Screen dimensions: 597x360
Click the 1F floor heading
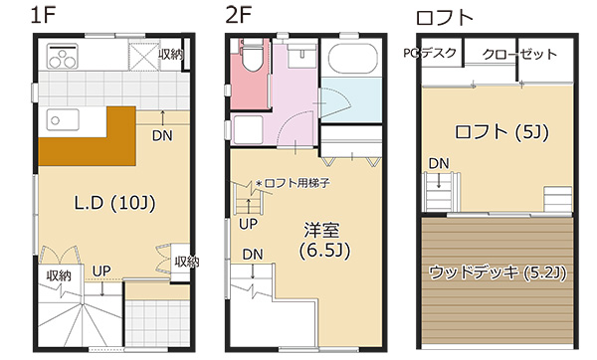(43, 15)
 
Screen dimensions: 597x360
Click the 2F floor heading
(239, 15)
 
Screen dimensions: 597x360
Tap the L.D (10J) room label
(115, 203)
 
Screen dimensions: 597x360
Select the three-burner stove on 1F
(63, 56)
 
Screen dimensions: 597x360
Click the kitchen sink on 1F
(63, 120)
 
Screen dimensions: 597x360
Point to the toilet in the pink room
(251, 54)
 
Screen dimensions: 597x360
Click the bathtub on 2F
(352, 59)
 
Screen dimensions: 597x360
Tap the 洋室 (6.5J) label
(324, 240)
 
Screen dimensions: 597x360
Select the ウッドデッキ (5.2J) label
(497, 272)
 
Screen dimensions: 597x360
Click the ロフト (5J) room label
(501, 132)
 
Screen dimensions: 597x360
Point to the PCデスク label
(430, 53)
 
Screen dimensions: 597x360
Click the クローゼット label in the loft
(519, 54)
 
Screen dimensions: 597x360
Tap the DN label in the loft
(439, 164)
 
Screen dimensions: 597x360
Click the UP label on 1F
(101, 270)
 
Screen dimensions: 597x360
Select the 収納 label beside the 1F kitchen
(171, 55)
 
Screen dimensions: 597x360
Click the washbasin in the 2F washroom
(301, 56)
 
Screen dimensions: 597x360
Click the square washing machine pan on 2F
(248, 129)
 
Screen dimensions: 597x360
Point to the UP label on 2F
(248, 224)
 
